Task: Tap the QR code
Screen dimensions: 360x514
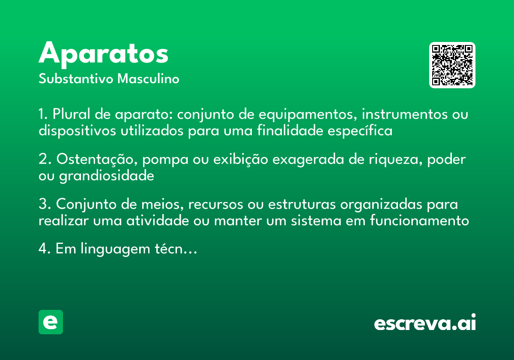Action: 452,65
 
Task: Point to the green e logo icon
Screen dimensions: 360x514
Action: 51,322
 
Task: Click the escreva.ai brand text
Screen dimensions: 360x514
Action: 425,323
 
